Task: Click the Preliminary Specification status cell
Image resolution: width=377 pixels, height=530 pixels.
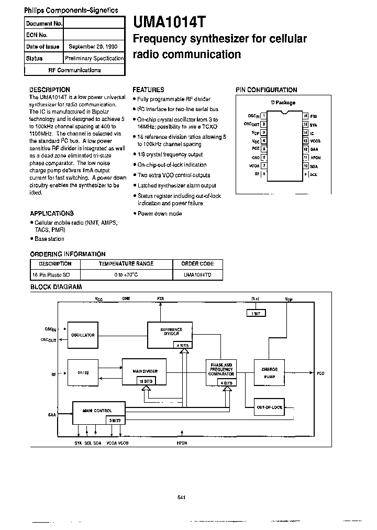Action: point(94,58)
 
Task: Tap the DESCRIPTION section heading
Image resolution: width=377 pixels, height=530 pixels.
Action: point(50,90)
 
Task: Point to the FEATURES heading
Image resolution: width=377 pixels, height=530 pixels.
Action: point(148,90)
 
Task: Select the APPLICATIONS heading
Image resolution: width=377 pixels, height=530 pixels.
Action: point(52,214)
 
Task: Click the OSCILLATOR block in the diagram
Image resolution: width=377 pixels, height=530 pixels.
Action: point(84,335)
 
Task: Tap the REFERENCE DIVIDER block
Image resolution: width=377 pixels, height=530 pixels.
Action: point(169,331)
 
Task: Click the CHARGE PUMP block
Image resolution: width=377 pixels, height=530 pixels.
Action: point(269,372)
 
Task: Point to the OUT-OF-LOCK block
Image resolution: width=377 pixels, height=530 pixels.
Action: point(269,407)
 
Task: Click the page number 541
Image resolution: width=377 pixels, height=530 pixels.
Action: point(182,497)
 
